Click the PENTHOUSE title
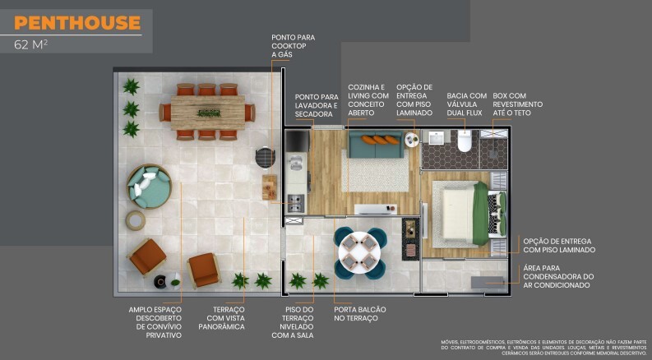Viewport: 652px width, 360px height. [x=77, y=23]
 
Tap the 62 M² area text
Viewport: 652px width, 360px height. [x=30, y=45]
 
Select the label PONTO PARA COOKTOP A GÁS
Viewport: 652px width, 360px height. [x=293, y=45]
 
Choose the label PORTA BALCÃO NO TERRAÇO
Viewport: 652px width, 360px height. [x=359, y=313]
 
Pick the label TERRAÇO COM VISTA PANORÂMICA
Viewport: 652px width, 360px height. [x=222, y=317]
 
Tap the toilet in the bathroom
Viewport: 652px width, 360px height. [x=465, y=142]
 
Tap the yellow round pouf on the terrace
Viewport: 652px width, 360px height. [x=135, y=219]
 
